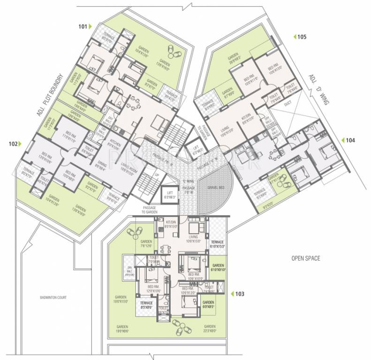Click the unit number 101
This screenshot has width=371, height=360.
(x=83, y=27)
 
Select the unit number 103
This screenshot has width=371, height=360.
(x=240, y=294)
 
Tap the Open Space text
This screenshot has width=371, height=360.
(x=305, y=258)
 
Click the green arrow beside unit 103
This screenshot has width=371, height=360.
(x=232, y=294)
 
